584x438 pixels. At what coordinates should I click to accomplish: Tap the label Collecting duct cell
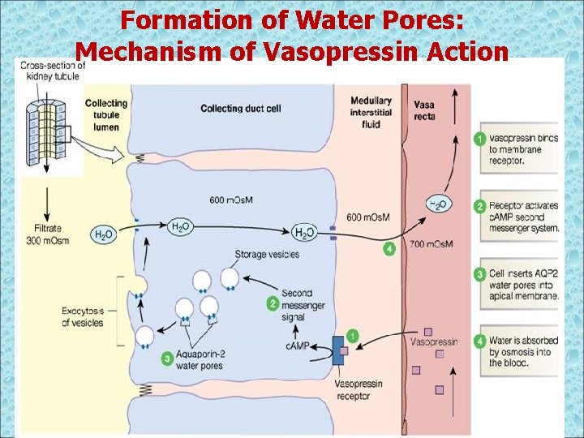(240, 108)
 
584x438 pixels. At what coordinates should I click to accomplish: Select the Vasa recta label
(424, 110)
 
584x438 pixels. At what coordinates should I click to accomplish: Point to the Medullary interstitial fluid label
(371, 111)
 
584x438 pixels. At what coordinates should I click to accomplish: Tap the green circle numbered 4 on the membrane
(390, 249)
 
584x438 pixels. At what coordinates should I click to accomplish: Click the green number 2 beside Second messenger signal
(272, 303)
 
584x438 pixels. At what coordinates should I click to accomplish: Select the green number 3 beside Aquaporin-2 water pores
(167, 357)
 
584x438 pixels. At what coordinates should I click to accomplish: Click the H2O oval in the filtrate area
(104, 234)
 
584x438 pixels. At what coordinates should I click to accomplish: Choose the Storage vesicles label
(267, 254)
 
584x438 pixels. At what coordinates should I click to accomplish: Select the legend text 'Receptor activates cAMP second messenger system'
(524, 217)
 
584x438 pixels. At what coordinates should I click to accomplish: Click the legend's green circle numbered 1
(481, 140)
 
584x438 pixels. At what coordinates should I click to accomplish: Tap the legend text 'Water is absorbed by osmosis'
(524, 352)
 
